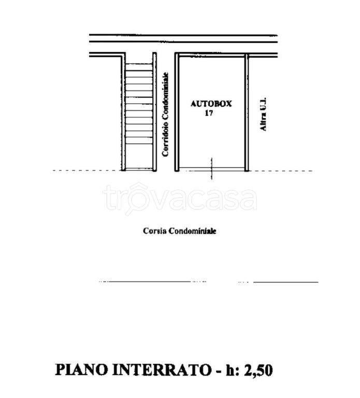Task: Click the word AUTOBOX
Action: [x=211, y=104]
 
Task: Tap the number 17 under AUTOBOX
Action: [x=209, y=113]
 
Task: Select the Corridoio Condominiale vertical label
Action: [x=166, y=115]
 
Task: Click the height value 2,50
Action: [x=255, y=370]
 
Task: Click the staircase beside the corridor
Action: [x=139, y=114]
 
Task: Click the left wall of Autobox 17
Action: [x=176, y=111]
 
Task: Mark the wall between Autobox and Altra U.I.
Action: [x=247, y=111]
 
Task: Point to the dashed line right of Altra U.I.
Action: [x=282, y=170]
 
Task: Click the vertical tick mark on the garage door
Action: [x=211, y=168]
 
